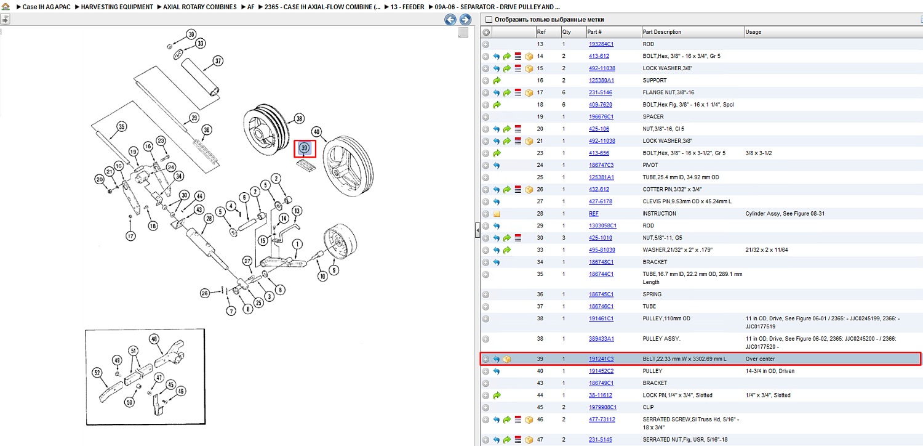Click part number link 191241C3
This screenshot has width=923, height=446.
pyautogui.click(x=601, y=359)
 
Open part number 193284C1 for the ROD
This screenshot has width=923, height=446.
pyautogui.click(x=601, y=44)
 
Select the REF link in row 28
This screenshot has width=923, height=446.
pyautogui.click(x=593, y=214)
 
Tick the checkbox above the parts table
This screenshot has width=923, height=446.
pyautogui.click(x=489, y=19)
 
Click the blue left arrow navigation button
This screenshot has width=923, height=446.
pyautogui.click(x=450, y=19)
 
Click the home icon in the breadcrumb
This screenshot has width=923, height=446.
pyautogui.click(x=6, y=6)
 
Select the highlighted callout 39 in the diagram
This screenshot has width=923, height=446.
pyautogui.click(x=305, y=148)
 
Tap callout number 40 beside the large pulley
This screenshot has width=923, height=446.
pyautogui.click(x=316, y=132)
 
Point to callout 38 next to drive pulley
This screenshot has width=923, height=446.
pyautogui.click(x=299, y=119)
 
